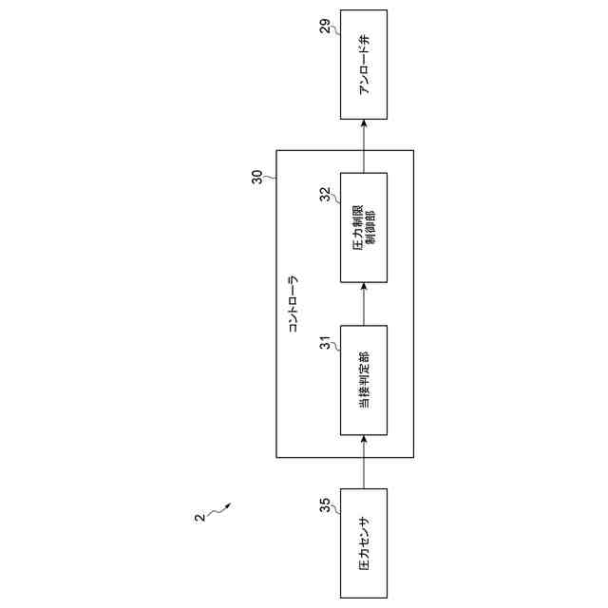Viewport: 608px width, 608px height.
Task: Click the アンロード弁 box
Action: click(364, 65)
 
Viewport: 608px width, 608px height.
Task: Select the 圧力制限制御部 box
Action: click(364, 227)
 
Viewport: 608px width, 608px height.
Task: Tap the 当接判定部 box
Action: click(364, 380)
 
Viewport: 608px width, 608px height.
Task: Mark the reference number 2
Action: click(199, 519)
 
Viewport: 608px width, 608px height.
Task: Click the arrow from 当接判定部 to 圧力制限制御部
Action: click(364, 304)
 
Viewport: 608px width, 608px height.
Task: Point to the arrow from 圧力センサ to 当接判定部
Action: click(364, 462)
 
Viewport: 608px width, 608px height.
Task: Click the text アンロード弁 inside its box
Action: click(364, 65)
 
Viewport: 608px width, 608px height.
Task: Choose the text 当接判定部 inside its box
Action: click(364, 380)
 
